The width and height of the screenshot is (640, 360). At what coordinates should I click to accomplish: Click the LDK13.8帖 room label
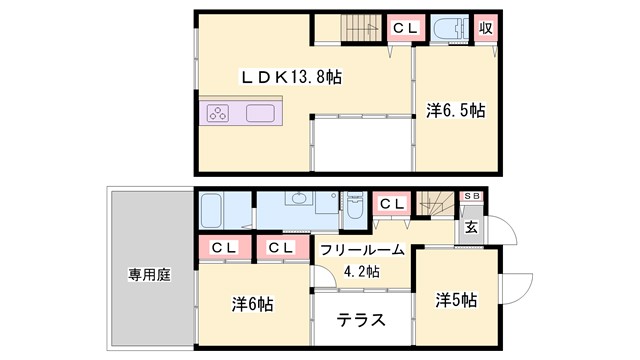coord(289,76)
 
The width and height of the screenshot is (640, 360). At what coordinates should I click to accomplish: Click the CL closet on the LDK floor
coord(404,28)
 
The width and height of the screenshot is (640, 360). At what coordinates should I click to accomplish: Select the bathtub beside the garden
coord(211,212)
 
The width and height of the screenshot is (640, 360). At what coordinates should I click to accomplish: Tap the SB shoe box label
coord(472,197)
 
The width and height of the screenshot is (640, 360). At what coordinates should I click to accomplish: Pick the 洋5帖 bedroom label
coord(455,300)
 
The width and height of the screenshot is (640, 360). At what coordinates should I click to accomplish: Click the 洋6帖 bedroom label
coord(254,304)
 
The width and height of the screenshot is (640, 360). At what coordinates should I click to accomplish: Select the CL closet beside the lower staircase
coord(390,204)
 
